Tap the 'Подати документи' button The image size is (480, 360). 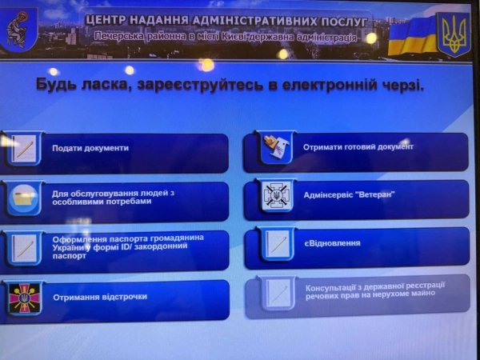120,149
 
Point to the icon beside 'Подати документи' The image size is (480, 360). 24,149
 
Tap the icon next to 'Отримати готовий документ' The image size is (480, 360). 277,148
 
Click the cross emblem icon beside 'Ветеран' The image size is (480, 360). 277,196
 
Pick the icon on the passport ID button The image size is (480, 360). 24,248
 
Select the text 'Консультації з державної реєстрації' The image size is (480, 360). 375,285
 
